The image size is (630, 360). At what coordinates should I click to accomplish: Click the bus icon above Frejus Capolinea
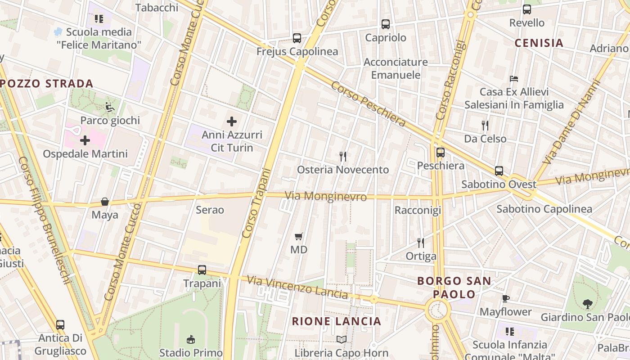(x=297, y=38)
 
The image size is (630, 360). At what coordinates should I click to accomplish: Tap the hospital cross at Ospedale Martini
(x=85, y=141)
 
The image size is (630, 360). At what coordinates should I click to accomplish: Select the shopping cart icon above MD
(x=298, y=236)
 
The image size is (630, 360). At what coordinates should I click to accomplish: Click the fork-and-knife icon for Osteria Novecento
(x=343, y=156)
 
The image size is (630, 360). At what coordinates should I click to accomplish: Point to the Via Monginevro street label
(x=326, y=197)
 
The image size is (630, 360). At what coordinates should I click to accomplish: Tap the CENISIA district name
(x=539, y=43)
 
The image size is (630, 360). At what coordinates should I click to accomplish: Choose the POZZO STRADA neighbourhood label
(x=47, y=84)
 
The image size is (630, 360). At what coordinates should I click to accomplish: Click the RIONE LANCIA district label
(x=337, y=321)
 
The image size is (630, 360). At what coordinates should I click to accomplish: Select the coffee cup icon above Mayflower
(x=506, y=298)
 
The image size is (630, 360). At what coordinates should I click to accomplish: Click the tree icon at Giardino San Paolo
(x=587, y=304)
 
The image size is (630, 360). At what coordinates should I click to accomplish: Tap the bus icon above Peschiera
(x=440, y=153)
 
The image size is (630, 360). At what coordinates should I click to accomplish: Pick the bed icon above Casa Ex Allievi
(x=514, y=79)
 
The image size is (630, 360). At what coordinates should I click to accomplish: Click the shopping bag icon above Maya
(x=105, y=202)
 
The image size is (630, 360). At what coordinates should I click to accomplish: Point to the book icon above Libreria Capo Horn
(x=342, y=339)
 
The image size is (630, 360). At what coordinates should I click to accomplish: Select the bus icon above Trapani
(x=202, y=270)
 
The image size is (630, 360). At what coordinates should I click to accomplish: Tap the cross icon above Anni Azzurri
(x=232, y=121)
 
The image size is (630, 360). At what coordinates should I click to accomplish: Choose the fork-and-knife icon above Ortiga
(x=421, y=243)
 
